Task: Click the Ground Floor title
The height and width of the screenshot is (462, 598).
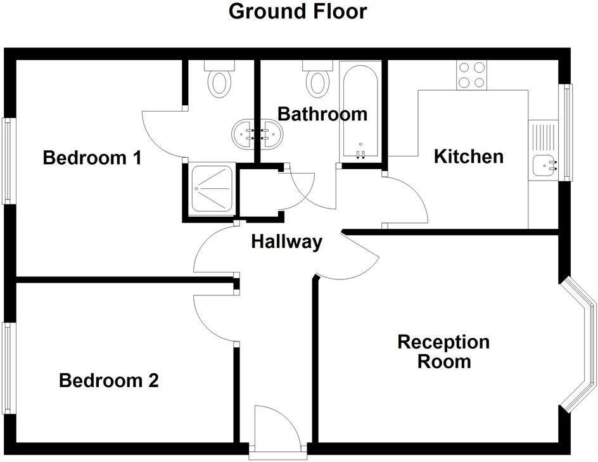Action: (297, 11)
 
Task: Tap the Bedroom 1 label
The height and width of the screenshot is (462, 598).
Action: (92, 158)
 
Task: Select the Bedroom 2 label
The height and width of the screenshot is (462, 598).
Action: (108, 381)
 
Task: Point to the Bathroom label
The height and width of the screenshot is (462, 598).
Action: (322, 114)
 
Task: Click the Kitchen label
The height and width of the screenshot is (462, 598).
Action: (468, 157)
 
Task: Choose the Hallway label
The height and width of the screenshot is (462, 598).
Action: (287, 241)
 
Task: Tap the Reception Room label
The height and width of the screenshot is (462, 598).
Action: (443, 352)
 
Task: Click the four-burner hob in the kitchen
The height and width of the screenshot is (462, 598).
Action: (471, 74)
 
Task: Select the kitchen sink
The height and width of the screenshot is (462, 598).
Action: (544, 165)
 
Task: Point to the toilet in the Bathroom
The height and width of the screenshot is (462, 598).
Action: (317, 79)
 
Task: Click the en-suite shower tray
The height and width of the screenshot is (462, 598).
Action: (210, 188)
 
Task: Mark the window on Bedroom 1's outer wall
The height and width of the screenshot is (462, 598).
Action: (8, 161)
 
